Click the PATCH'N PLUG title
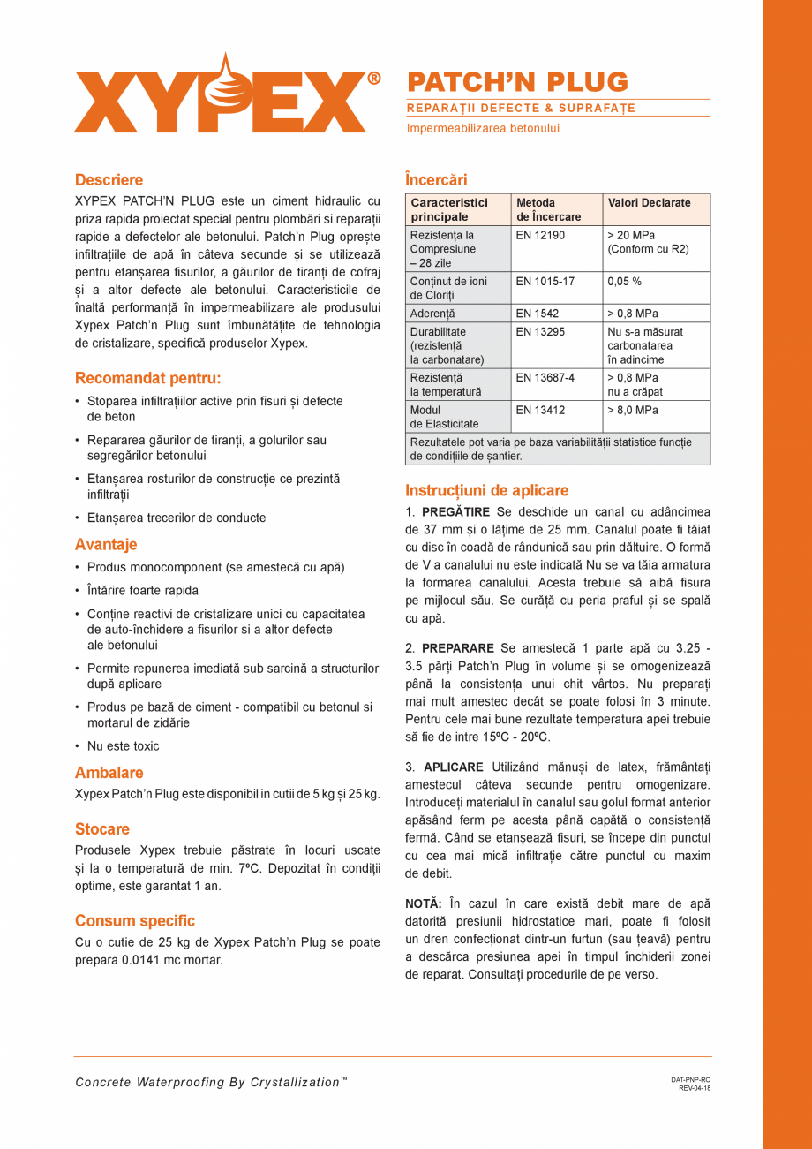[x=517, y=82]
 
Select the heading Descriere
[x=109, y=180]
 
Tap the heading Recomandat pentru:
[x=147, y=379]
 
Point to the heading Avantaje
[x=106, y=545]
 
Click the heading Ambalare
[x=109, y=773]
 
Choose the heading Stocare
[x=102, y=829]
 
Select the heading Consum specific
[x=135, y=921]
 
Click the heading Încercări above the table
[x=436, y=179]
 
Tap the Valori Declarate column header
[x=649, y=203]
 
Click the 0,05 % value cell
[x=624, y=282]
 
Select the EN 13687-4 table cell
[x=545, y=378]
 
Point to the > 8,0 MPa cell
[x=633, y=411]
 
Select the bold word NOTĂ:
[x=423, y=903]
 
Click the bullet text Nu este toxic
[x=123, y=746]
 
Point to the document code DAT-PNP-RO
[x=690, y=1079]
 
